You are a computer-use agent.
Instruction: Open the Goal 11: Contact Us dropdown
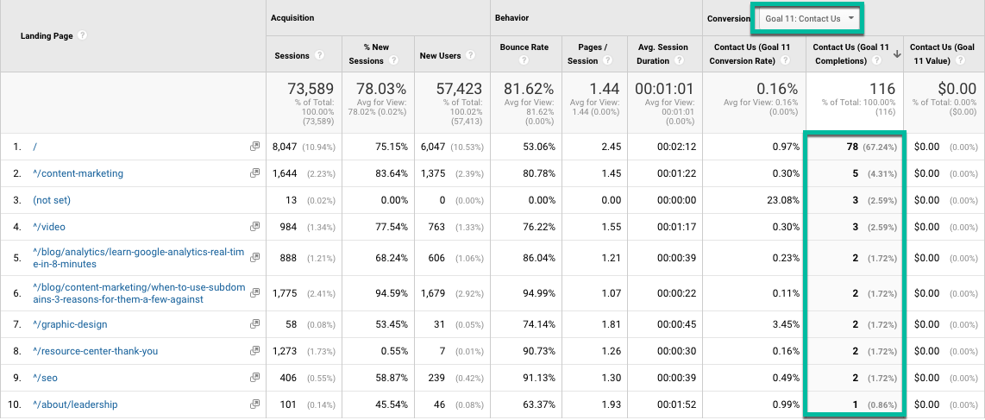[x=808, y=18]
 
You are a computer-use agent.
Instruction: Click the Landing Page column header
[x=47, y=36]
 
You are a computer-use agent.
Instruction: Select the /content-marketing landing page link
[x=78, y=173]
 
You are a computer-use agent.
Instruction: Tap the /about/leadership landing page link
[x=75, y=404]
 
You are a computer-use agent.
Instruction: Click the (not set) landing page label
[x=52, y=200]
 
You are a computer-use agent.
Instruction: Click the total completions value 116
[x=882, y=90]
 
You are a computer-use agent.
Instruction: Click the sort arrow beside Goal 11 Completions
[x=897, y=54]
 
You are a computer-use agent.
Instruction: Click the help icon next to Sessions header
[x=319, y=55]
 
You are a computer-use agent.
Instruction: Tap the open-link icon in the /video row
[x=254, y=227]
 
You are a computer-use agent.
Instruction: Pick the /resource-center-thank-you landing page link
[x=96, y=351]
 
